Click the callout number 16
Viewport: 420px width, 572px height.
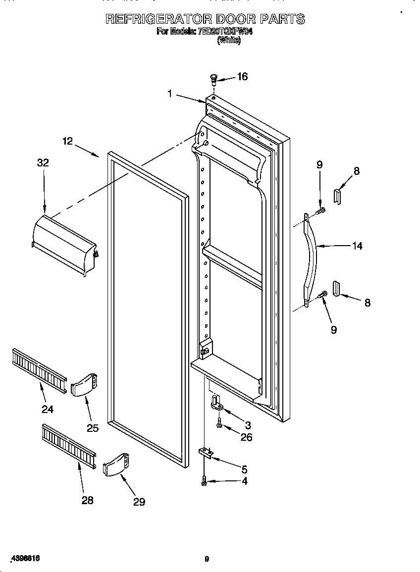(242, 76)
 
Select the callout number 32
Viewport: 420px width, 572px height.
(43, 162)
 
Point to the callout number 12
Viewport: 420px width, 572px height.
(68, 141)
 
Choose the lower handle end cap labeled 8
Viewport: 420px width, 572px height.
(337, 289)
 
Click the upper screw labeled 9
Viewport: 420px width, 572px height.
(320, 212)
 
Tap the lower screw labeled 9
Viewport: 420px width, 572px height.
(321, 295)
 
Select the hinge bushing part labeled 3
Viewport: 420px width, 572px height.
(216, 403)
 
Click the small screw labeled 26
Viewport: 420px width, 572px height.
(219, 422)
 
